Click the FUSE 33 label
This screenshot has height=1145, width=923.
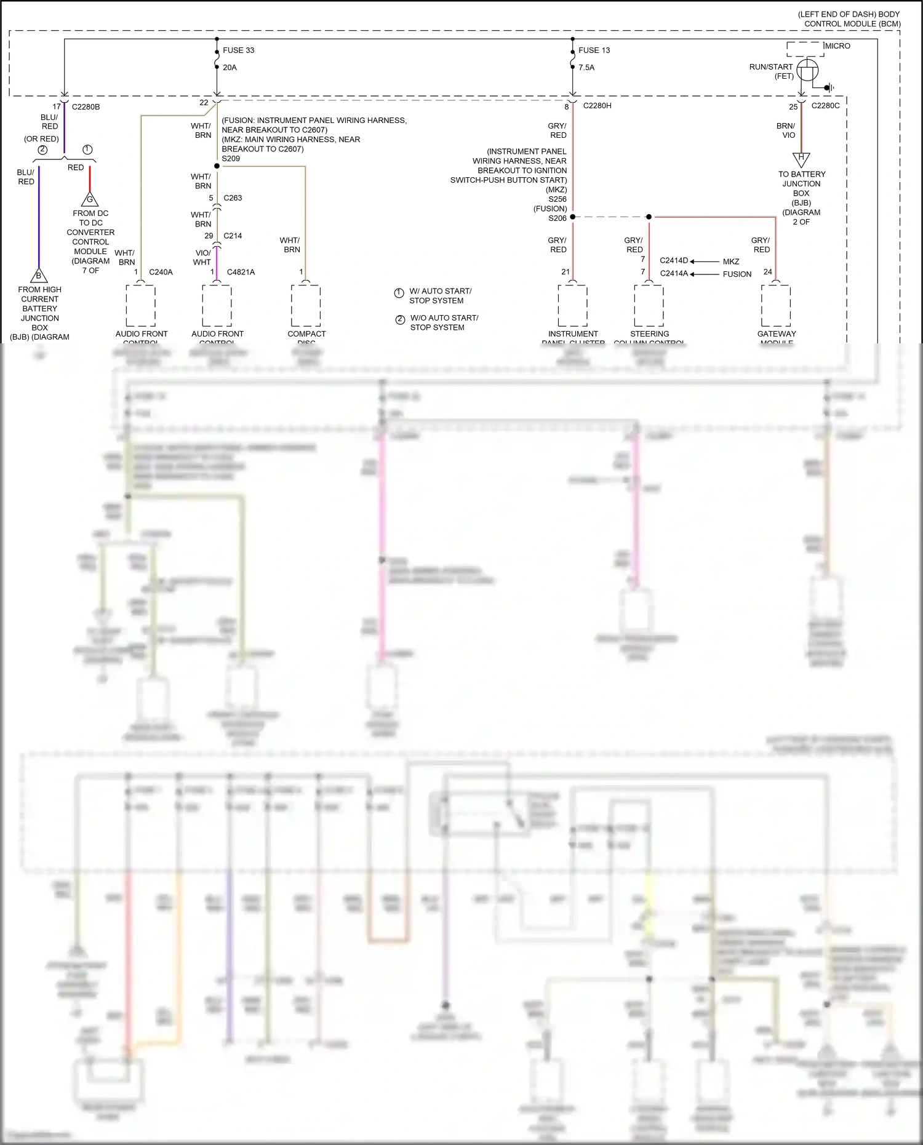pyautogui.click(x=238, y=50)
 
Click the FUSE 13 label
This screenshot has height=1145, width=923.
pyautogui.click(x=594, y=50)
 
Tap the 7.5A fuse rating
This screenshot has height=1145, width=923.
pyautogui.click(x=586, y=68)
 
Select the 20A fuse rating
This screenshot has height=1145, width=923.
pyautogui.click(x=230, y=68)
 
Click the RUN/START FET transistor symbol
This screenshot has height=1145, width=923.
pyautogui.click(x=807, y=70)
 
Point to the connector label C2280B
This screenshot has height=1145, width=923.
pyautogui.click(x=86, y=107)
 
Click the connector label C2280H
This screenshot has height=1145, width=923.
pyautogui.click(x=597, y=106)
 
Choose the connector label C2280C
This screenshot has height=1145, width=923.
pyautogui.click(x=825, y=106)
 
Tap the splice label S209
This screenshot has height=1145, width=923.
pyautogui.click(x=231, y=159)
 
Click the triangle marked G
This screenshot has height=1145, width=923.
pyautogui.click(x=90, y=199)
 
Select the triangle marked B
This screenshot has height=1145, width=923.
pyautogui.click(x=39, y=276)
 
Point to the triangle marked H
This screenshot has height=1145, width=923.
pyautogui.click(x=801, y=158)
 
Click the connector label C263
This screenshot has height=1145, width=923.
pyautogui.click(x=233, y=198)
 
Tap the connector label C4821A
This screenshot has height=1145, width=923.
pyautogui.click(x=241, y=272)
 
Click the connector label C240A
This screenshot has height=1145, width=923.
pyautogui.click(x=161, y=272)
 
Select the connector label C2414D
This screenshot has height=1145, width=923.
pyautogui.click(x=674, y=261)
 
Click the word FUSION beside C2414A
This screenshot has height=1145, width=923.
pyautogui.click(x=737, y=274)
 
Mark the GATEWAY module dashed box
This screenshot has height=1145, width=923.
pyautogui.click(x=776, y=305)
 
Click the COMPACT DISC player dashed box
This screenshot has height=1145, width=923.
pyautogui.click(x=306, y=305)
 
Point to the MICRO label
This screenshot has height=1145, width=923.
pyautogui.click(x=837, y=46)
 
